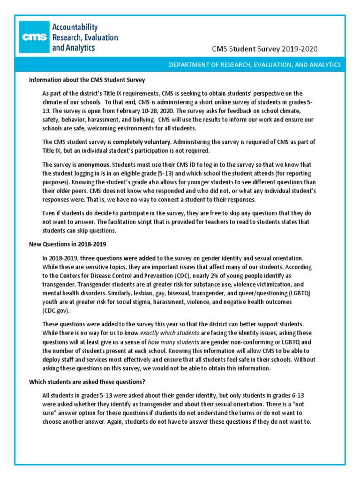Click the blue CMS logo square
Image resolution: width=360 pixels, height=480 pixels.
tap(32, 37)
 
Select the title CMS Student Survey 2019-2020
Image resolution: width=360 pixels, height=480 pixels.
tap(268, 49)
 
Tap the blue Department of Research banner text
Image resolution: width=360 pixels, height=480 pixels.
tap(255, 64)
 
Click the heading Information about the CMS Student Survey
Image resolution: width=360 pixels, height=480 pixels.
tap(87, 79)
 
